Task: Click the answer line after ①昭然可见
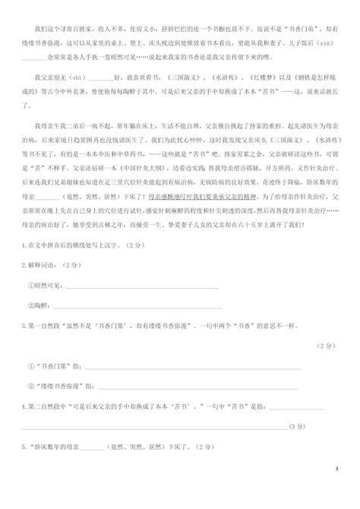click(x=144, y=286)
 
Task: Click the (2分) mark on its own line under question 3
click(x=327, y=344)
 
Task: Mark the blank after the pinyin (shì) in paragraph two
click(x=99, y=79)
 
